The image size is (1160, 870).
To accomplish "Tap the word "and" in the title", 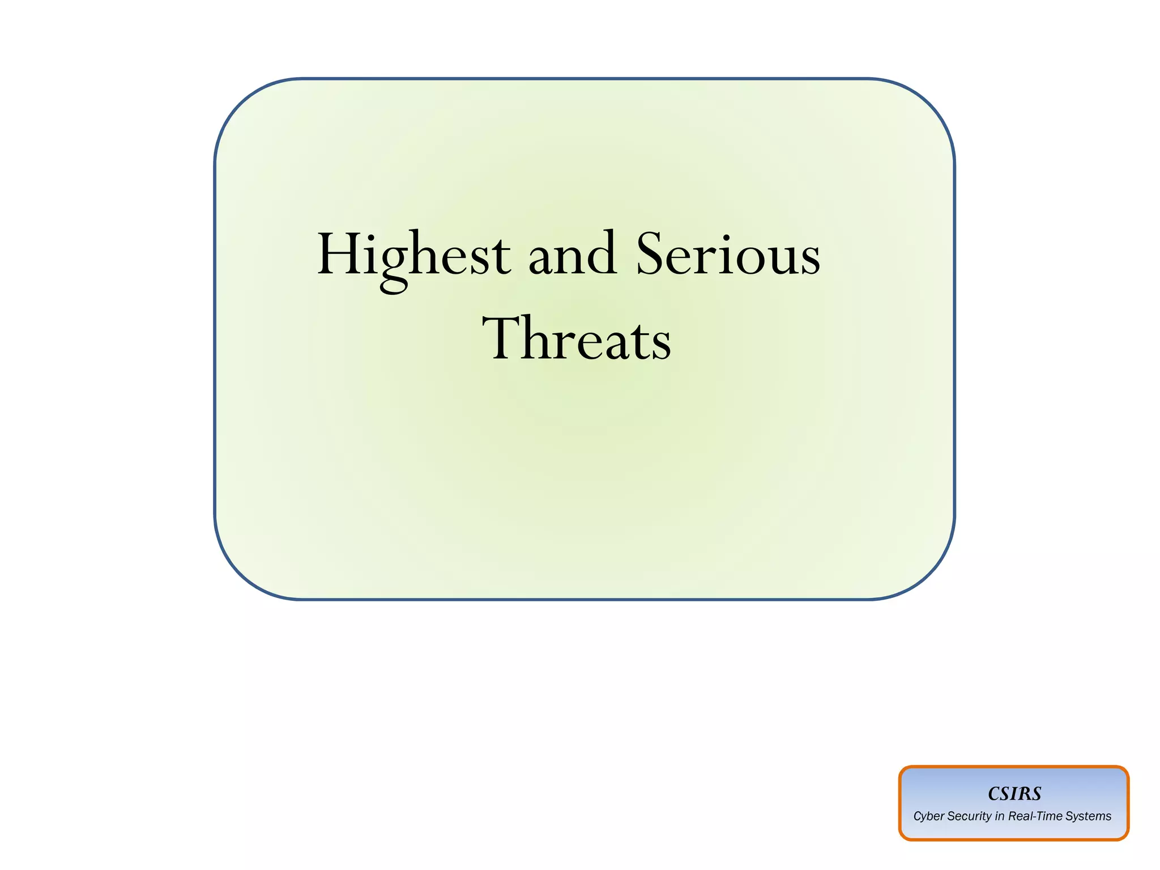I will (x=572, y=255).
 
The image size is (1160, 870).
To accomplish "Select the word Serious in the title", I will (x=728, y=255).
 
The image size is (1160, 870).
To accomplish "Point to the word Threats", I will (x=577, y=339).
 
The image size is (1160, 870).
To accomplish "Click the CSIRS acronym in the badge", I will (x=1014, y=793).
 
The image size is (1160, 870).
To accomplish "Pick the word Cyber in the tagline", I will (x=928, y=817).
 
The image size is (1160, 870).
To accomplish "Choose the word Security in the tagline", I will (x=969, y=817).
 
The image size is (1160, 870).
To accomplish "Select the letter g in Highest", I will (x=395, y=266).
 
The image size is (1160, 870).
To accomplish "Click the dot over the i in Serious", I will (x=723, y=236).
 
